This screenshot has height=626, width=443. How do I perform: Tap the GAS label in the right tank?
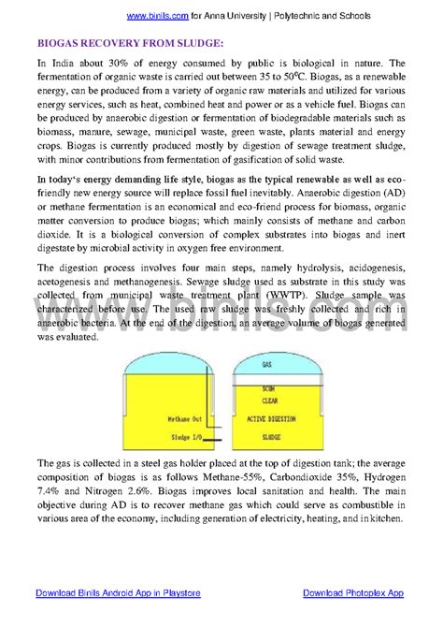pyautogui.click(x=267, y=363)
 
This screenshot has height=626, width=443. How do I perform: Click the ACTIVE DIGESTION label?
pyautogui.click(x=268, y=418)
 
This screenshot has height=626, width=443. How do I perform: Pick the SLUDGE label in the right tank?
pyautogui.click(x=268, y=437)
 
